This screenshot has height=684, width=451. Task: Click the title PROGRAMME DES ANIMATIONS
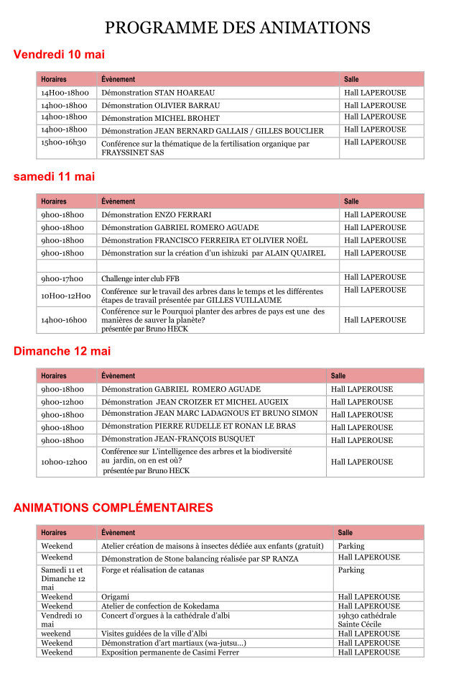pyautogui.click(x=237, y=28)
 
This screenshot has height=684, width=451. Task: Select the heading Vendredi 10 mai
pyautogui.click(x=59, y=55)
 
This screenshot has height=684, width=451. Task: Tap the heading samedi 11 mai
pyautogui.click(x=54, y=177)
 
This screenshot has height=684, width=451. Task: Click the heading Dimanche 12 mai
pyautogui.click(x=62, y=351)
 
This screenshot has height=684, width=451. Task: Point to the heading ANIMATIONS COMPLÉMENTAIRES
pyautogui.click(x=113, y=508)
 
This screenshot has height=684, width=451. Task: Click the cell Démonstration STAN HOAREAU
pyautogui.click(x=158, y=93)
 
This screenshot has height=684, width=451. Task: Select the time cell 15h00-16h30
pyautogui.click(x=63, y=142)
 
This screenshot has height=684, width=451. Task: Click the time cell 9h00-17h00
pyautogui.click(x=62, y=278)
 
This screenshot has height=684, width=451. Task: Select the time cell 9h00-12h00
pyautogui.click(x=62, y=402)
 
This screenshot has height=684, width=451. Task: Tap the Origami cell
pyautogui.click(x=115, y=597)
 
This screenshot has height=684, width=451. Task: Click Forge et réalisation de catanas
pyautogui.click(x=152, y=570)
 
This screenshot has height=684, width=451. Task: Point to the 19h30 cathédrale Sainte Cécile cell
pyautogui.click(x=366, y=620)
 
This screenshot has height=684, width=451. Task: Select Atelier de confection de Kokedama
pyautogui.click(x=160, y=606)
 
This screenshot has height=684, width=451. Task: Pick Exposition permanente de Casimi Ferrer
pyautogui.click(x=170, y=652)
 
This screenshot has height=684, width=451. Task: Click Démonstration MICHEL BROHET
pyautogui.click(x=160, y=118)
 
